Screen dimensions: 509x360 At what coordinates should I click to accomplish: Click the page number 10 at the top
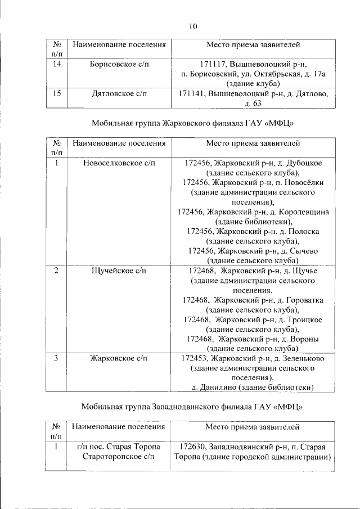(192, 26)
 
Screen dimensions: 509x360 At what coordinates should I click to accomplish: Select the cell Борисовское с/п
(120, 64)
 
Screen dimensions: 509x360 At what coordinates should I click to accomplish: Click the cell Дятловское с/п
(120, 93)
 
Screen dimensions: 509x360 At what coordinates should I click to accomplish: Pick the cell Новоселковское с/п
(119, 163)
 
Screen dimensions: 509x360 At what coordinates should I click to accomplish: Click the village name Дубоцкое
(300, 163)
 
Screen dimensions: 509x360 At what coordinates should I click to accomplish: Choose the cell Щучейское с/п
(119, 271)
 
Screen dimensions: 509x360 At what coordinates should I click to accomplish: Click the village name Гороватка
(300, 299)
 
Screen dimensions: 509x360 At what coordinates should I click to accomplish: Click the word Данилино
(222, 387)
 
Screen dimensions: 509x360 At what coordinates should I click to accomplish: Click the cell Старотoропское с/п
(119, 457)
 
